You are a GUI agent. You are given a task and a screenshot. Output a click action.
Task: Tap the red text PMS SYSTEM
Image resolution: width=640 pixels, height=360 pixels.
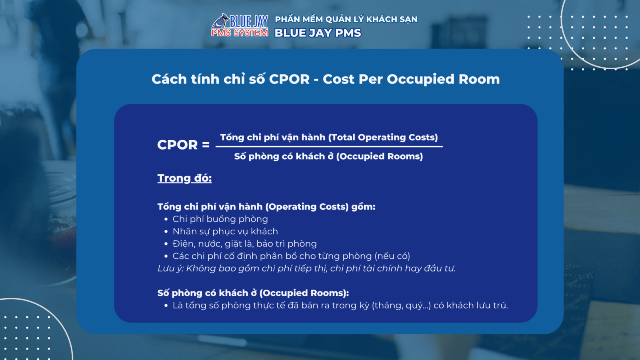[x=240, y=33]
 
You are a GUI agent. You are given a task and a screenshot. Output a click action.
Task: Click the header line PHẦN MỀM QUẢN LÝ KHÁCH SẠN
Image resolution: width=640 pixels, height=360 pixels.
[x=346, y=19]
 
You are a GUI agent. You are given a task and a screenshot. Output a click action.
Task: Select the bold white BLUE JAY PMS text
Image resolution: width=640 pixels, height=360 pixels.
[x=318, y=33]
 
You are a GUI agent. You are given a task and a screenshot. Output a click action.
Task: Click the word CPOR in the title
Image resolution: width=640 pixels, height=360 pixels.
[x=289, y=79]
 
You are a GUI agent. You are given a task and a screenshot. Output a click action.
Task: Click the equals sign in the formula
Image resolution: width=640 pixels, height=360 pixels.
[x=206, y=144]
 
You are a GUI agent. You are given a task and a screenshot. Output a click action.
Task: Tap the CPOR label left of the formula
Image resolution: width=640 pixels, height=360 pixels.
[x=178, y=144]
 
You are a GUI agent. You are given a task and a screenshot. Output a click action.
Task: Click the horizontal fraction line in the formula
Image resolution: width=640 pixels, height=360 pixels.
[x=329, y=146]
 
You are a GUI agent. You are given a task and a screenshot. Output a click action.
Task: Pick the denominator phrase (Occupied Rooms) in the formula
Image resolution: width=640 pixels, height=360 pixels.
[x=380, y=156]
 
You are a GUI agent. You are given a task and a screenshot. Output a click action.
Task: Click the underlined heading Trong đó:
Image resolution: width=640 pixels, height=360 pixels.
[x=184, y=178]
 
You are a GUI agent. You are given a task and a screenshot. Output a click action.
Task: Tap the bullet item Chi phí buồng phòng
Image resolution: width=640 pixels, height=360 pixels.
[x=220, y=219]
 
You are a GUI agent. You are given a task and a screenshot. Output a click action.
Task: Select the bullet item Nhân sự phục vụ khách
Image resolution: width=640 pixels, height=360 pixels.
[x=225, y=232]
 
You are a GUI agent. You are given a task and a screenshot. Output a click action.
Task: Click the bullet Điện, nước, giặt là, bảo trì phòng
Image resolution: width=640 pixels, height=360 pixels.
[x=244, y=244]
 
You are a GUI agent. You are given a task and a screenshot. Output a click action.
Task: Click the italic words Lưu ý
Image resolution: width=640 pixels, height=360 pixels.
[x=170, y=268]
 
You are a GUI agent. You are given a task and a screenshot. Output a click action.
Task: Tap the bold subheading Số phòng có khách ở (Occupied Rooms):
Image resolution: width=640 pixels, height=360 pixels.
[x=253, y=293]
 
